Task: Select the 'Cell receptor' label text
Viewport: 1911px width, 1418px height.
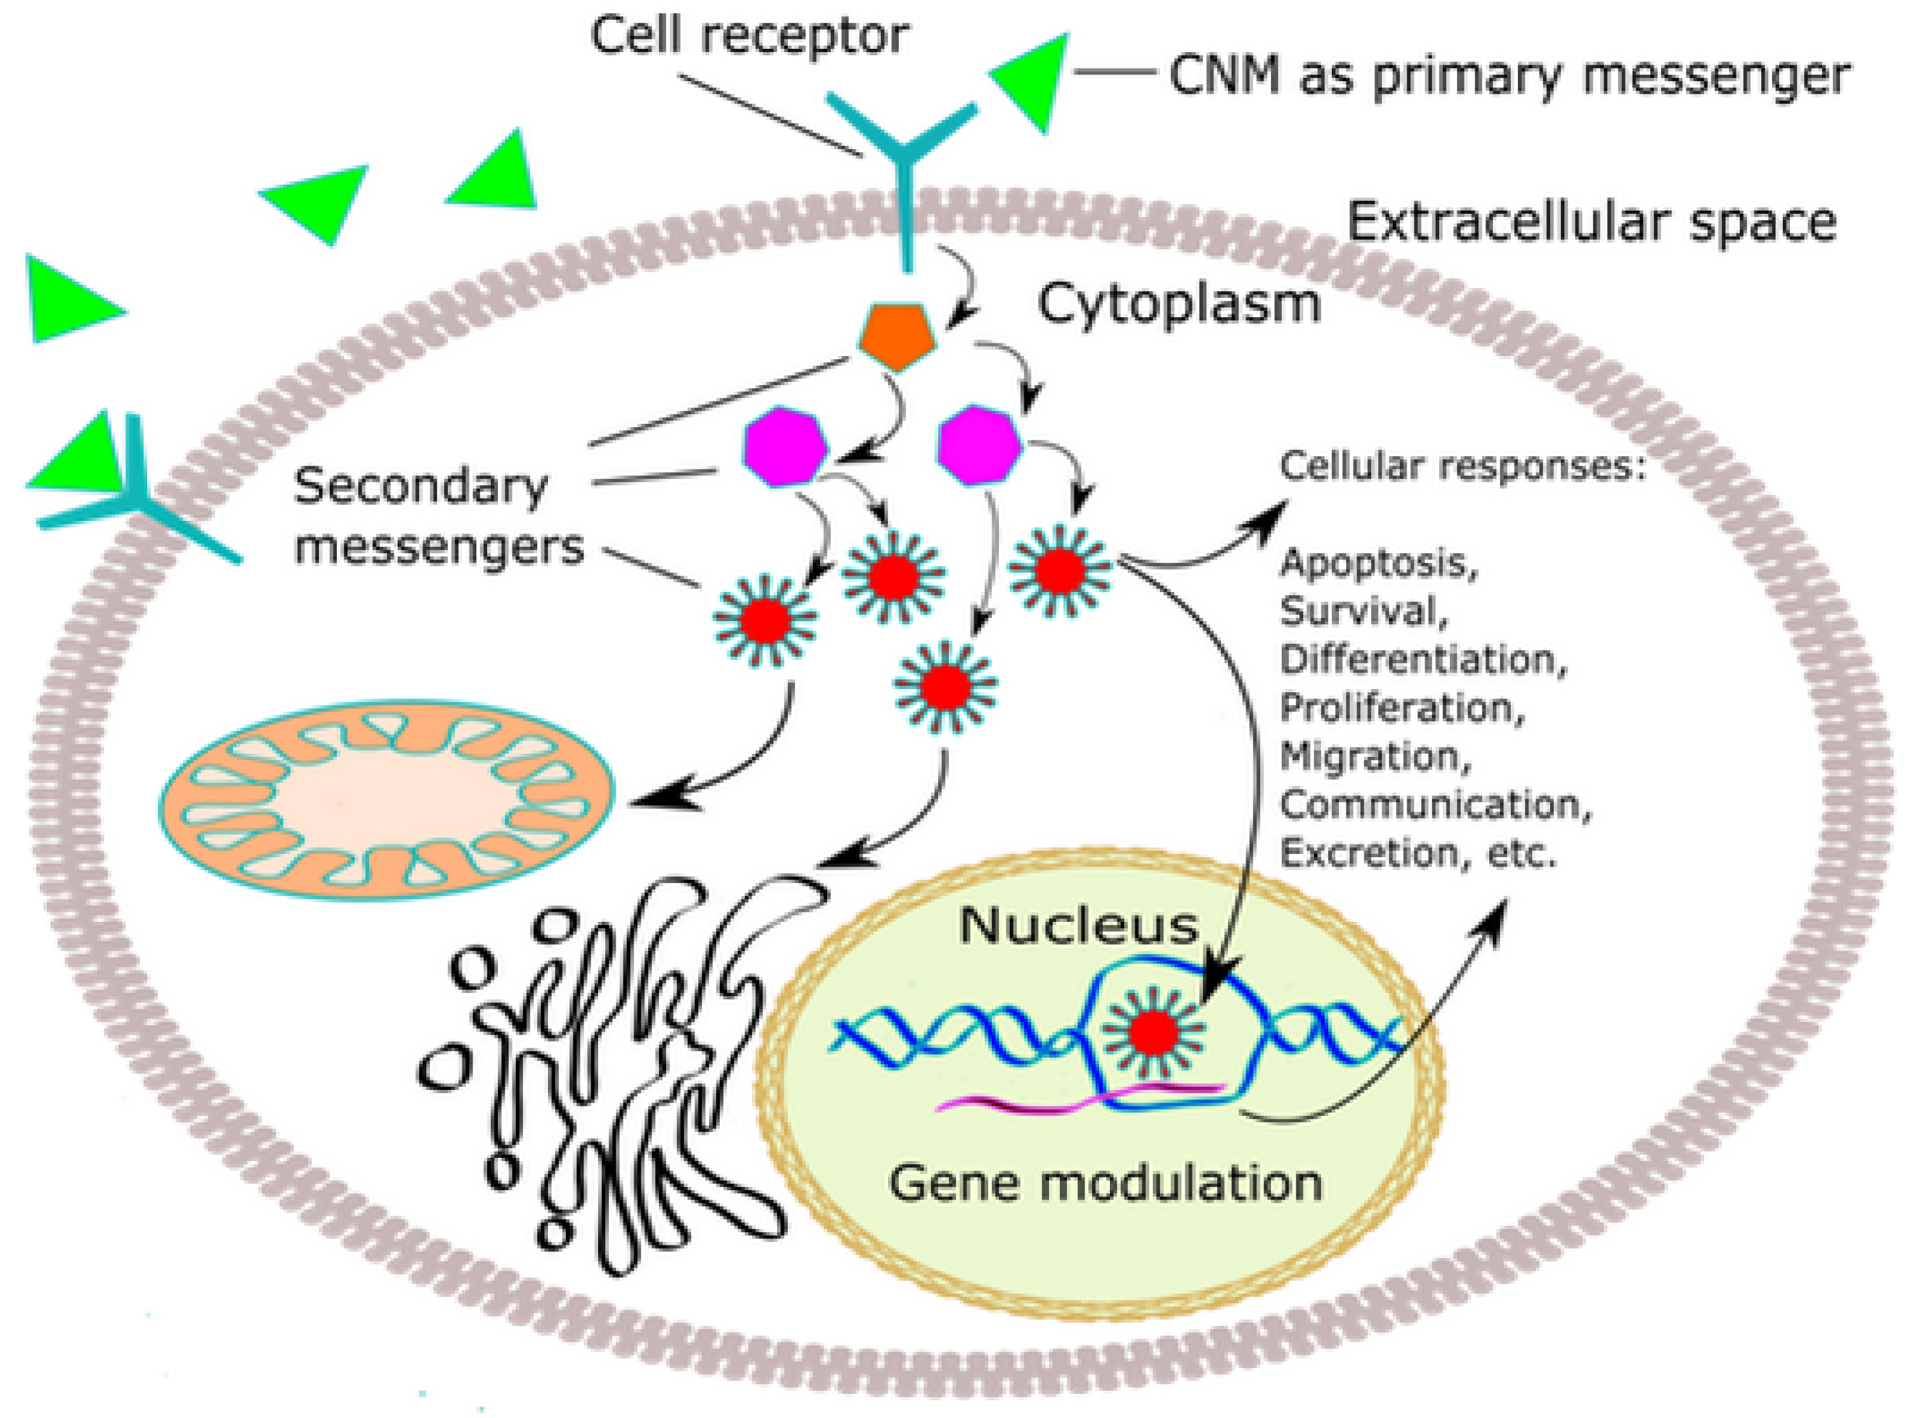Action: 749,36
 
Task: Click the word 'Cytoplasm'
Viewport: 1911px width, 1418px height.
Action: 1178,304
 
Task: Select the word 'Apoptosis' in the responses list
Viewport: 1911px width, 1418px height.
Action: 1377,563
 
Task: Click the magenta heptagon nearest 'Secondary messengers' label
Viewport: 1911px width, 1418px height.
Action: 783,447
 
